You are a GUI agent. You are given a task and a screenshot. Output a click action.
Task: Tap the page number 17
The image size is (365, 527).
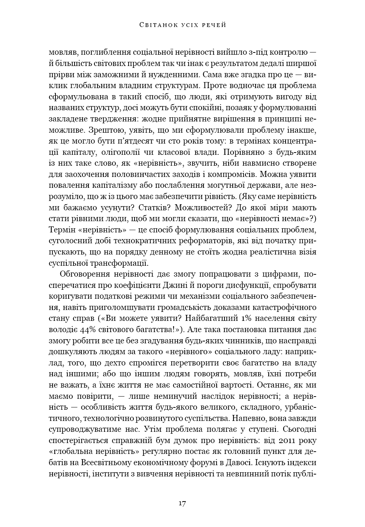coord(182,503)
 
